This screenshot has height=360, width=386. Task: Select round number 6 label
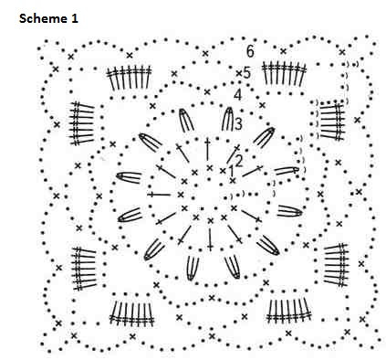[x=249, y=50]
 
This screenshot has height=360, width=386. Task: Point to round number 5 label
[x=246, y=72]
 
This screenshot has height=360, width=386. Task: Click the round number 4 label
[x=237, y=94]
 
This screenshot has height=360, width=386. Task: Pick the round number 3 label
[x=237, y=123]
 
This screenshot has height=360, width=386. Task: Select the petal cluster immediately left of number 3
[x=224, y=121]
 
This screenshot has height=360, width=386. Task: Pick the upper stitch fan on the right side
[x=330, y=119]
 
